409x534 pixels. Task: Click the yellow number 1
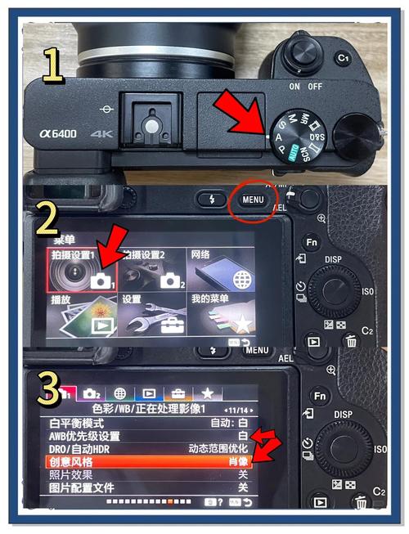coord(53,67)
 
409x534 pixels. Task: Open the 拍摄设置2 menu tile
coord(152,278)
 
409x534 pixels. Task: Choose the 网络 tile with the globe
coord(221,278)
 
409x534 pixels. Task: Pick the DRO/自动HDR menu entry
coord(79,448)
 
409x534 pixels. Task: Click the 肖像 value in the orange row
coord(238,462)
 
